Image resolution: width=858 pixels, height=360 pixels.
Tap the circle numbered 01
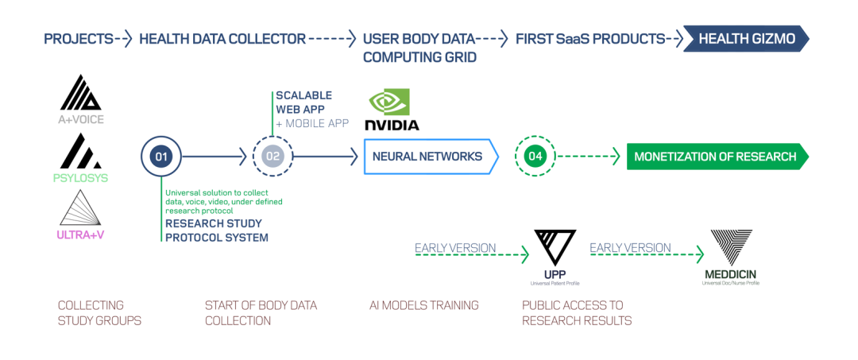point(161,157)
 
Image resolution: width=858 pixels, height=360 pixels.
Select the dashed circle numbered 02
point(273,157)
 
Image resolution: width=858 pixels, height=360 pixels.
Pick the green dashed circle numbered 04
point(535,157)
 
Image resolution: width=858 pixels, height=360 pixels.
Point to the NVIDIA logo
point(391,110)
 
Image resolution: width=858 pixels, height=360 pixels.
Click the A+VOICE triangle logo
point(81,93)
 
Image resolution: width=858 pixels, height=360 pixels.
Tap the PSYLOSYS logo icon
point(81,151)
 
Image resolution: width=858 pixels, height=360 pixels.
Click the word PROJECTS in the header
point(78,38)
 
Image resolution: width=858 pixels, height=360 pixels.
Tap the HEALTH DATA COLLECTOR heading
point(222,38)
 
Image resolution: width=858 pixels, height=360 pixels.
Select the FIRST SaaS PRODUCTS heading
point(589,38)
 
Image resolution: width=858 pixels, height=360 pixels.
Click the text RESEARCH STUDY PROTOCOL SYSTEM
point(216,230)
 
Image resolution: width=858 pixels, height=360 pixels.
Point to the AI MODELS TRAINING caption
point(424,305)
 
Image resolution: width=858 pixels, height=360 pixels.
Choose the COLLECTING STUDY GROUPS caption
point(91,313)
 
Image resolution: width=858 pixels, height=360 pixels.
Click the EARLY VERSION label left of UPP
point(455,248)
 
